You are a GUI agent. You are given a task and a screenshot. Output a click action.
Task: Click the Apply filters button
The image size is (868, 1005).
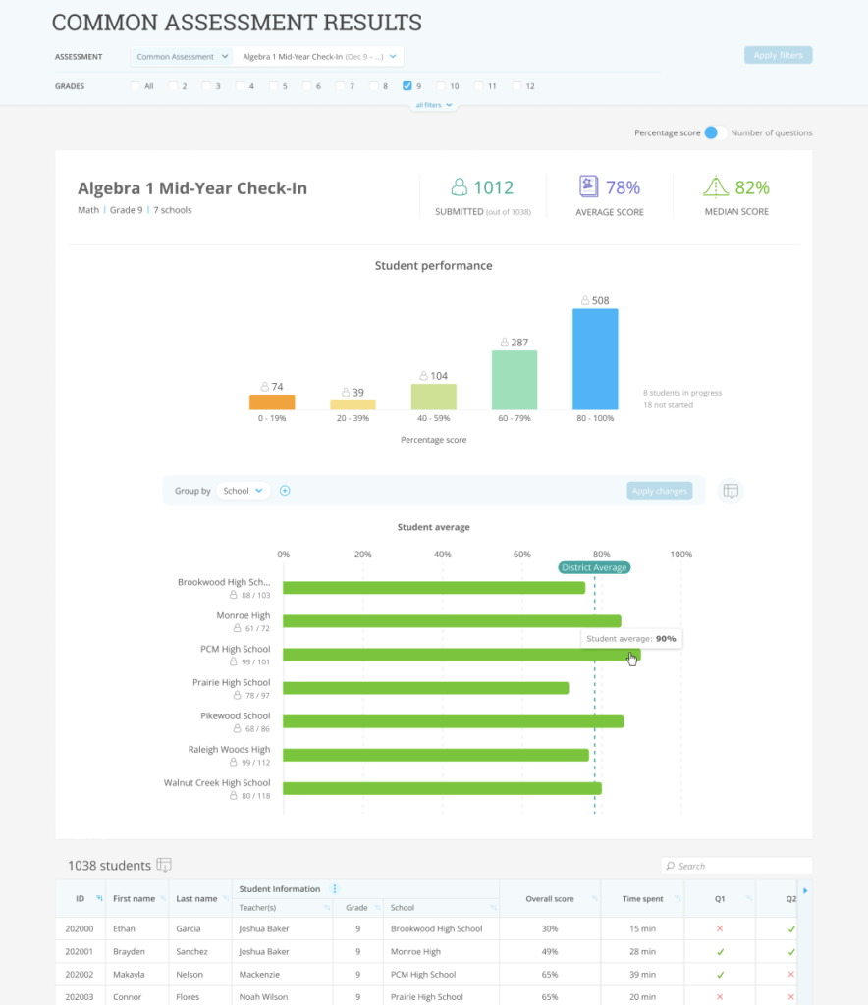click(778, 55)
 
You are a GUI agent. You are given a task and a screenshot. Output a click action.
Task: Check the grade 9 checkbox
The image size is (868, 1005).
click(407, 86)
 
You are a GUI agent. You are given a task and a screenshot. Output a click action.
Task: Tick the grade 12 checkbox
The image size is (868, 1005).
click(516, 86)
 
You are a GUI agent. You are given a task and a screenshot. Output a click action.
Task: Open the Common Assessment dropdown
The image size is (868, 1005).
click(182, 56)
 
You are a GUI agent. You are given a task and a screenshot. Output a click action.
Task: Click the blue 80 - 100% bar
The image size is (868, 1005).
click(595, 359)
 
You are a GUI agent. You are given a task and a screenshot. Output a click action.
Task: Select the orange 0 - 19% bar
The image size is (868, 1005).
click(272, 401)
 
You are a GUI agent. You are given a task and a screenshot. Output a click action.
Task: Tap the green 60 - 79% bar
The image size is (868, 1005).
click(515, 380)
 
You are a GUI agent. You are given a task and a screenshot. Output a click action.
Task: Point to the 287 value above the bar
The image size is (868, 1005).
click(519, 343)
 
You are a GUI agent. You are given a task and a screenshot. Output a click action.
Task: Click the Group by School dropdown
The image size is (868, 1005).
click(243, 491)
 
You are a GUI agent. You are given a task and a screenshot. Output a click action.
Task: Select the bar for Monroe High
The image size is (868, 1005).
click(452, 621)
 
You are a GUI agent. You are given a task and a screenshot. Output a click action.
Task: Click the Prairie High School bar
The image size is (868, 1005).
click(426, 688)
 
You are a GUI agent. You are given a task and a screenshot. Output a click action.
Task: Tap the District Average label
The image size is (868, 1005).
click(594, 568)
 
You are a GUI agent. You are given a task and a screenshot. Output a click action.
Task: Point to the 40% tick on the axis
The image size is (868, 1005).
click(442, 555)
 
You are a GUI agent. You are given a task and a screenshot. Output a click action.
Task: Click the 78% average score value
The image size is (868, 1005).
click(623, 187)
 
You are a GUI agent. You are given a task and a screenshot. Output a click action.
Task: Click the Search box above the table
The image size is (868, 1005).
click(736, 866)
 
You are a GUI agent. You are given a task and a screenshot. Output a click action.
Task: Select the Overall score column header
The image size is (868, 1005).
click(550, 899)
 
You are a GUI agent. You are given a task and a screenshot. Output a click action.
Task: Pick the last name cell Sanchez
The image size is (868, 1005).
click(191, 952)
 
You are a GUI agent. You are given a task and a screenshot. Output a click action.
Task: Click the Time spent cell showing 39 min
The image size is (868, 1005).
click(642, 975)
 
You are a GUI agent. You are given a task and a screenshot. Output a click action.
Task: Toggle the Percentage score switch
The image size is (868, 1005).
click(715, 132)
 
